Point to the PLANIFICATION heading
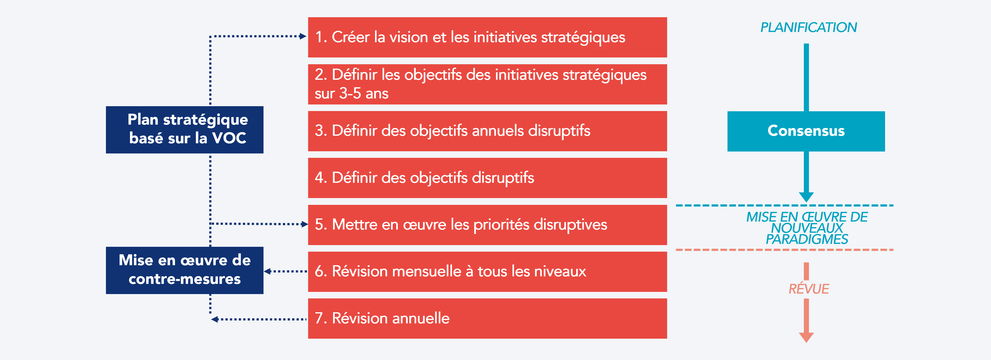coord(808,28)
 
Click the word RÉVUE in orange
coord(808,289)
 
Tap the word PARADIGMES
coord(807,240)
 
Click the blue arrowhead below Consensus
coord(806,197)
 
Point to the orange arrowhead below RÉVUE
coord(806,337)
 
